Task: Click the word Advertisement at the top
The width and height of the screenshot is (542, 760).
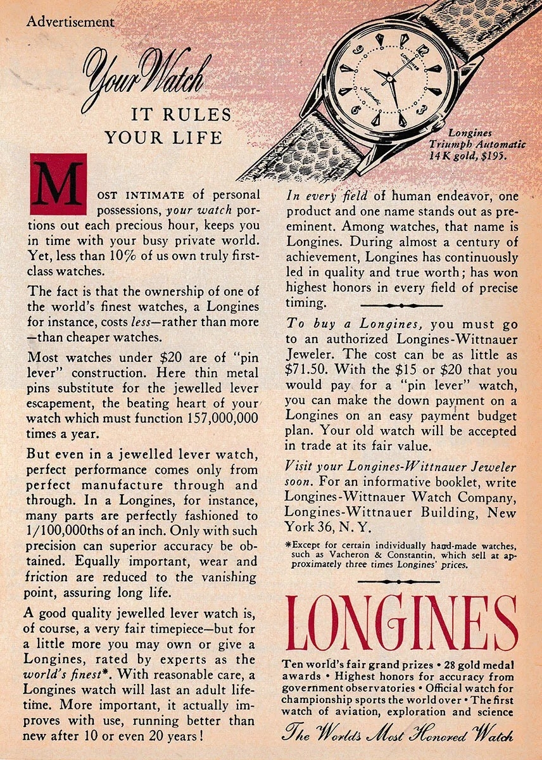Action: point(70,22)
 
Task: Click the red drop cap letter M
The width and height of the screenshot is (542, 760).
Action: point(58,184)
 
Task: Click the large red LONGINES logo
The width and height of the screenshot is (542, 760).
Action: point(401,623)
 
